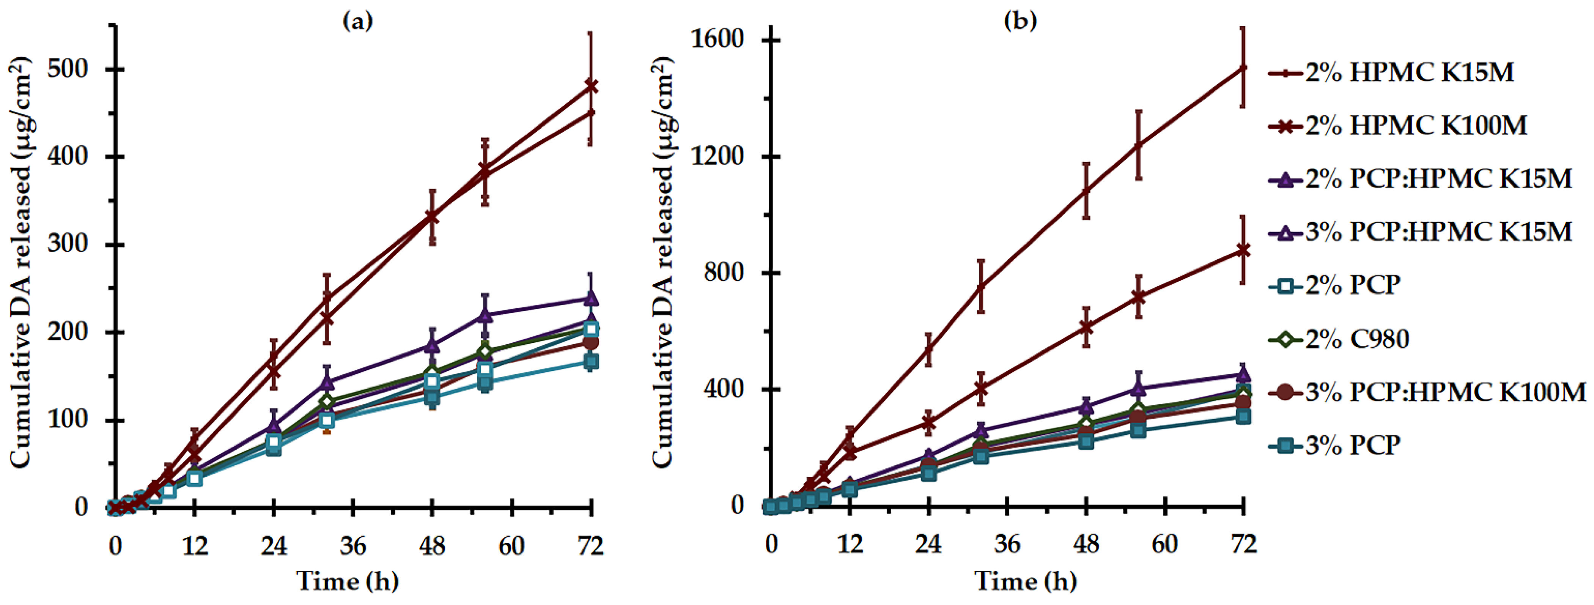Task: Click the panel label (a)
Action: [358, 22]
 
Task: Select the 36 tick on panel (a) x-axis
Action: [353, 546]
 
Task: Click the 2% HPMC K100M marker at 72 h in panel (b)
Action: [1243, 250]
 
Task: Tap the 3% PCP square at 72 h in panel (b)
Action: [1243, 417]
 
